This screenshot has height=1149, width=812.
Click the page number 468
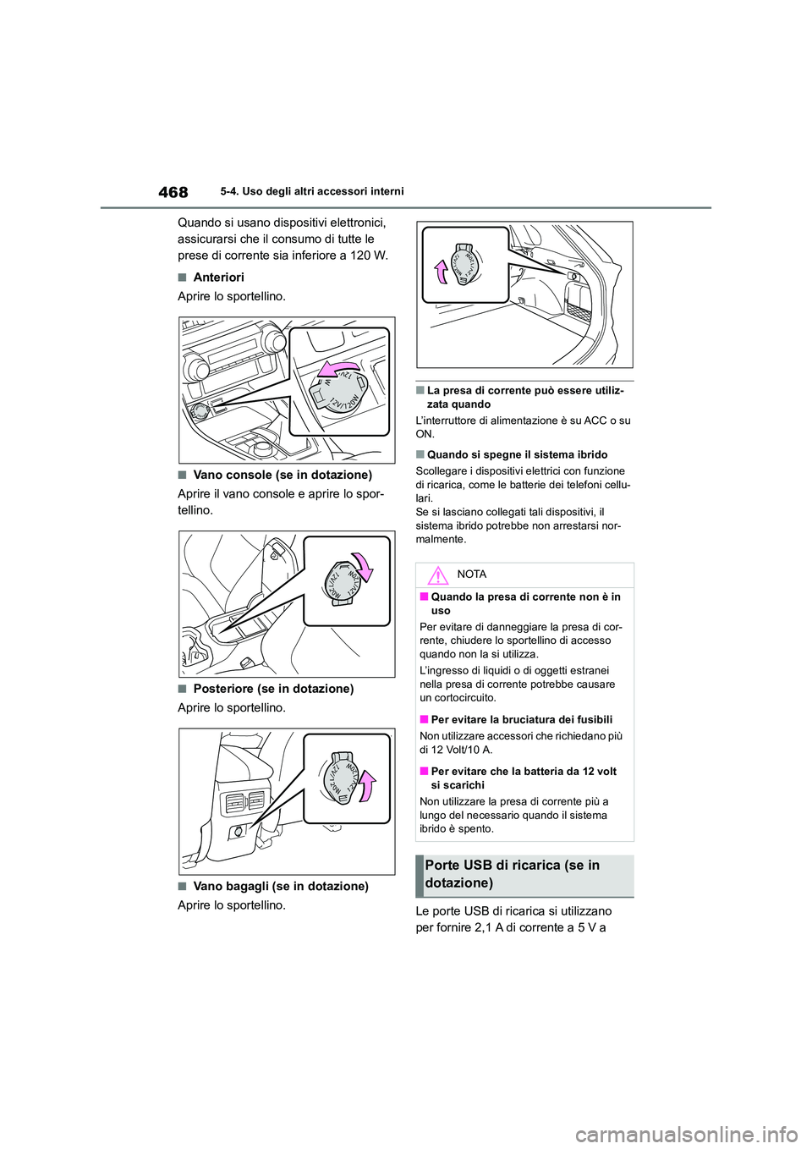(x=173, y=192)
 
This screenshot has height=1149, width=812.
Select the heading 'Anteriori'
(x=218, y=278)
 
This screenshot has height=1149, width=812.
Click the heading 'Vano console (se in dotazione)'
(x=282, y=475)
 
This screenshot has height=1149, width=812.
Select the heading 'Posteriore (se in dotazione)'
(x=273, y=689)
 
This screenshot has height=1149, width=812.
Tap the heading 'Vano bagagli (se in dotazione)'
(x=280, y=887)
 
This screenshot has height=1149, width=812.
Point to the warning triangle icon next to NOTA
(x=437, y=576)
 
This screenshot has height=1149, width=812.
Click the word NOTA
(x=471, y=574)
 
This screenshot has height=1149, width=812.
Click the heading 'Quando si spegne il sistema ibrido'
(x=517, y=454)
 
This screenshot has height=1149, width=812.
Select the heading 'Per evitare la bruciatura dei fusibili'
(x=521, y=719)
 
